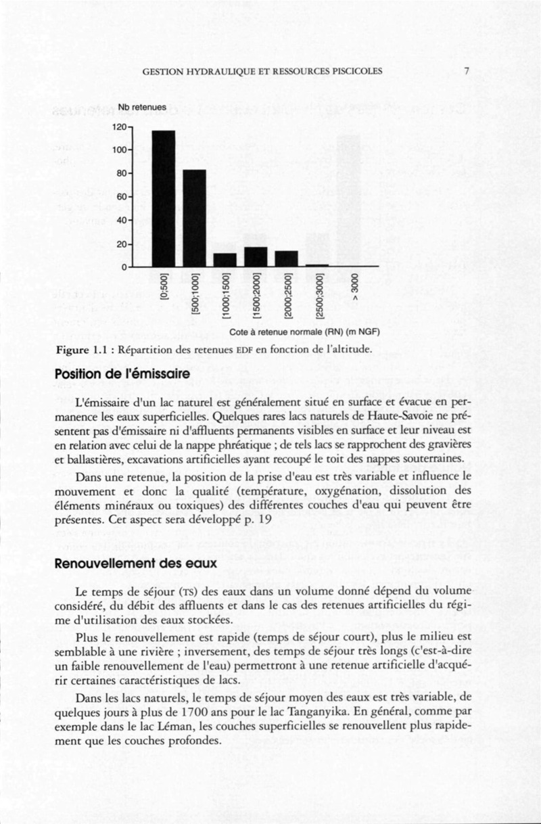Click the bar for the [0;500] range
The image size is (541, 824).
[x=164, y=198]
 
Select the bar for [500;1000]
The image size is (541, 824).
[x=195, y=218]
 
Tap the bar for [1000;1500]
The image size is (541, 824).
[x=225, y=260]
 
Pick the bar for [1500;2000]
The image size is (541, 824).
[x=256, y=257]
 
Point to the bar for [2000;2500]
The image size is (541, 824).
[x=286, y=258]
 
